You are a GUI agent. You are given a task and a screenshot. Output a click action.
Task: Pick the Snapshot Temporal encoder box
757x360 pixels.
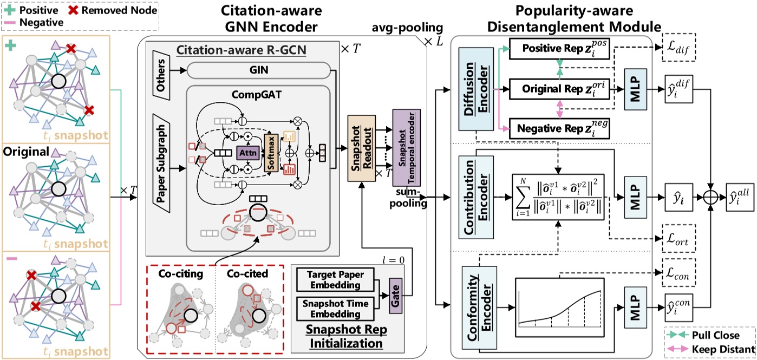coord(407,141)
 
